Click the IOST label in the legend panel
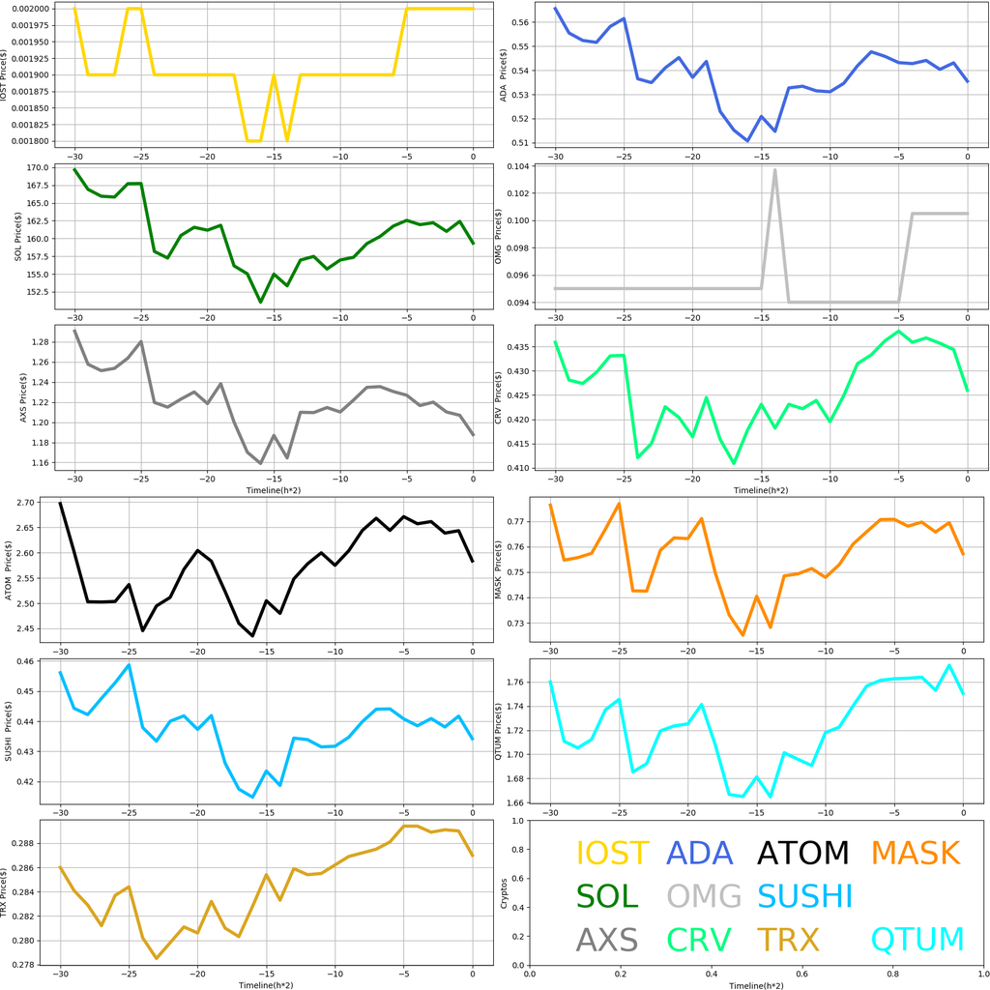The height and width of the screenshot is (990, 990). click(x=612, y=854)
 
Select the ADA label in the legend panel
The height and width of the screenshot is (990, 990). click(x=700, y=854)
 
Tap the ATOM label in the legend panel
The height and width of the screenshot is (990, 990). click(x=802, y=854)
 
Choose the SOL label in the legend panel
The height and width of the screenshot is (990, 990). click(x=607, y=896)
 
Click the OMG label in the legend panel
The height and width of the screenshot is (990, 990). click(x=704, y=896)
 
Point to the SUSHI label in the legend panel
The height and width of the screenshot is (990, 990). click(x=805, y=896)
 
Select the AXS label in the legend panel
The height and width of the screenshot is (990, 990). click(x=607, y=940)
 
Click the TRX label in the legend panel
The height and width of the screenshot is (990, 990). click(x=788, y=940)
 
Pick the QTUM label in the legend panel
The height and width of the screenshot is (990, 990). click(x=917, y=940)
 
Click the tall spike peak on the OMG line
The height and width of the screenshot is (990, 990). click(x=775, y=170)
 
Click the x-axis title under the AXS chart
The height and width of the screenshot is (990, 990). click(x=266, y=490)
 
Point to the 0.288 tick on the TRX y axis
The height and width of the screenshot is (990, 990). click(x=36, y=844)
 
